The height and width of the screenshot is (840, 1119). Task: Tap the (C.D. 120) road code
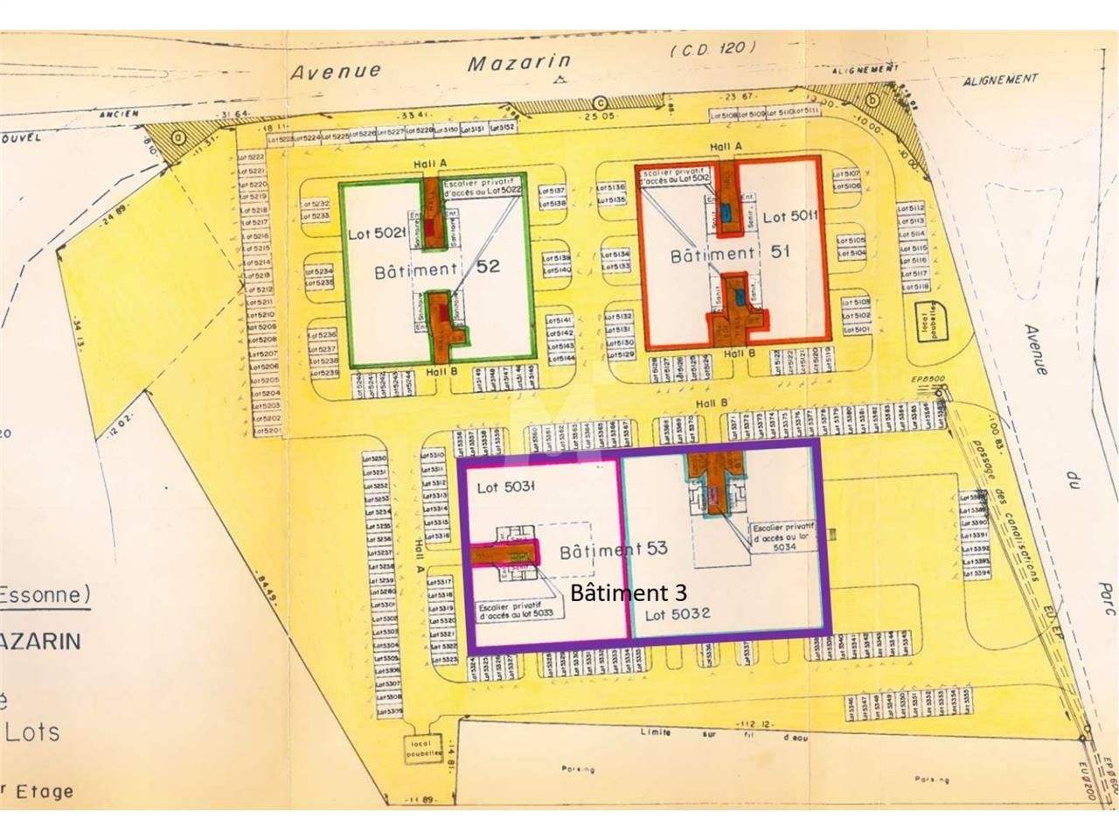pyautogui.click(x=712, y=48)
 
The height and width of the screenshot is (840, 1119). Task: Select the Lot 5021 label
pyautogui.click(x=378, y=234)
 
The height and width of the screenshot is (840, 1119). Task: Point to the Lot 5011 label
pyautogui.click(x=790, y=216)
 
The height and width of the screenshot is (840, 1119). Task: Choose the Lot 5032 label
pyautogui.click(x=678, y=613)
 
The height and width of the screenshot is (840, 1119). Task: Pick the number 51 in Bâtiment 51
pyautogui.click(x=781, y=251)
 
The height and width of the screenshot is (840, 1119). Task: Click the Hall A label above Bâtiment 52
pyautogui.click(x=431, y=164)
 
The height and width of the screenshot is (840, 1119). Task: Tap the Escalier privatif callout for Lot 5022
pyautogui.click(x=483, y=188)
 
